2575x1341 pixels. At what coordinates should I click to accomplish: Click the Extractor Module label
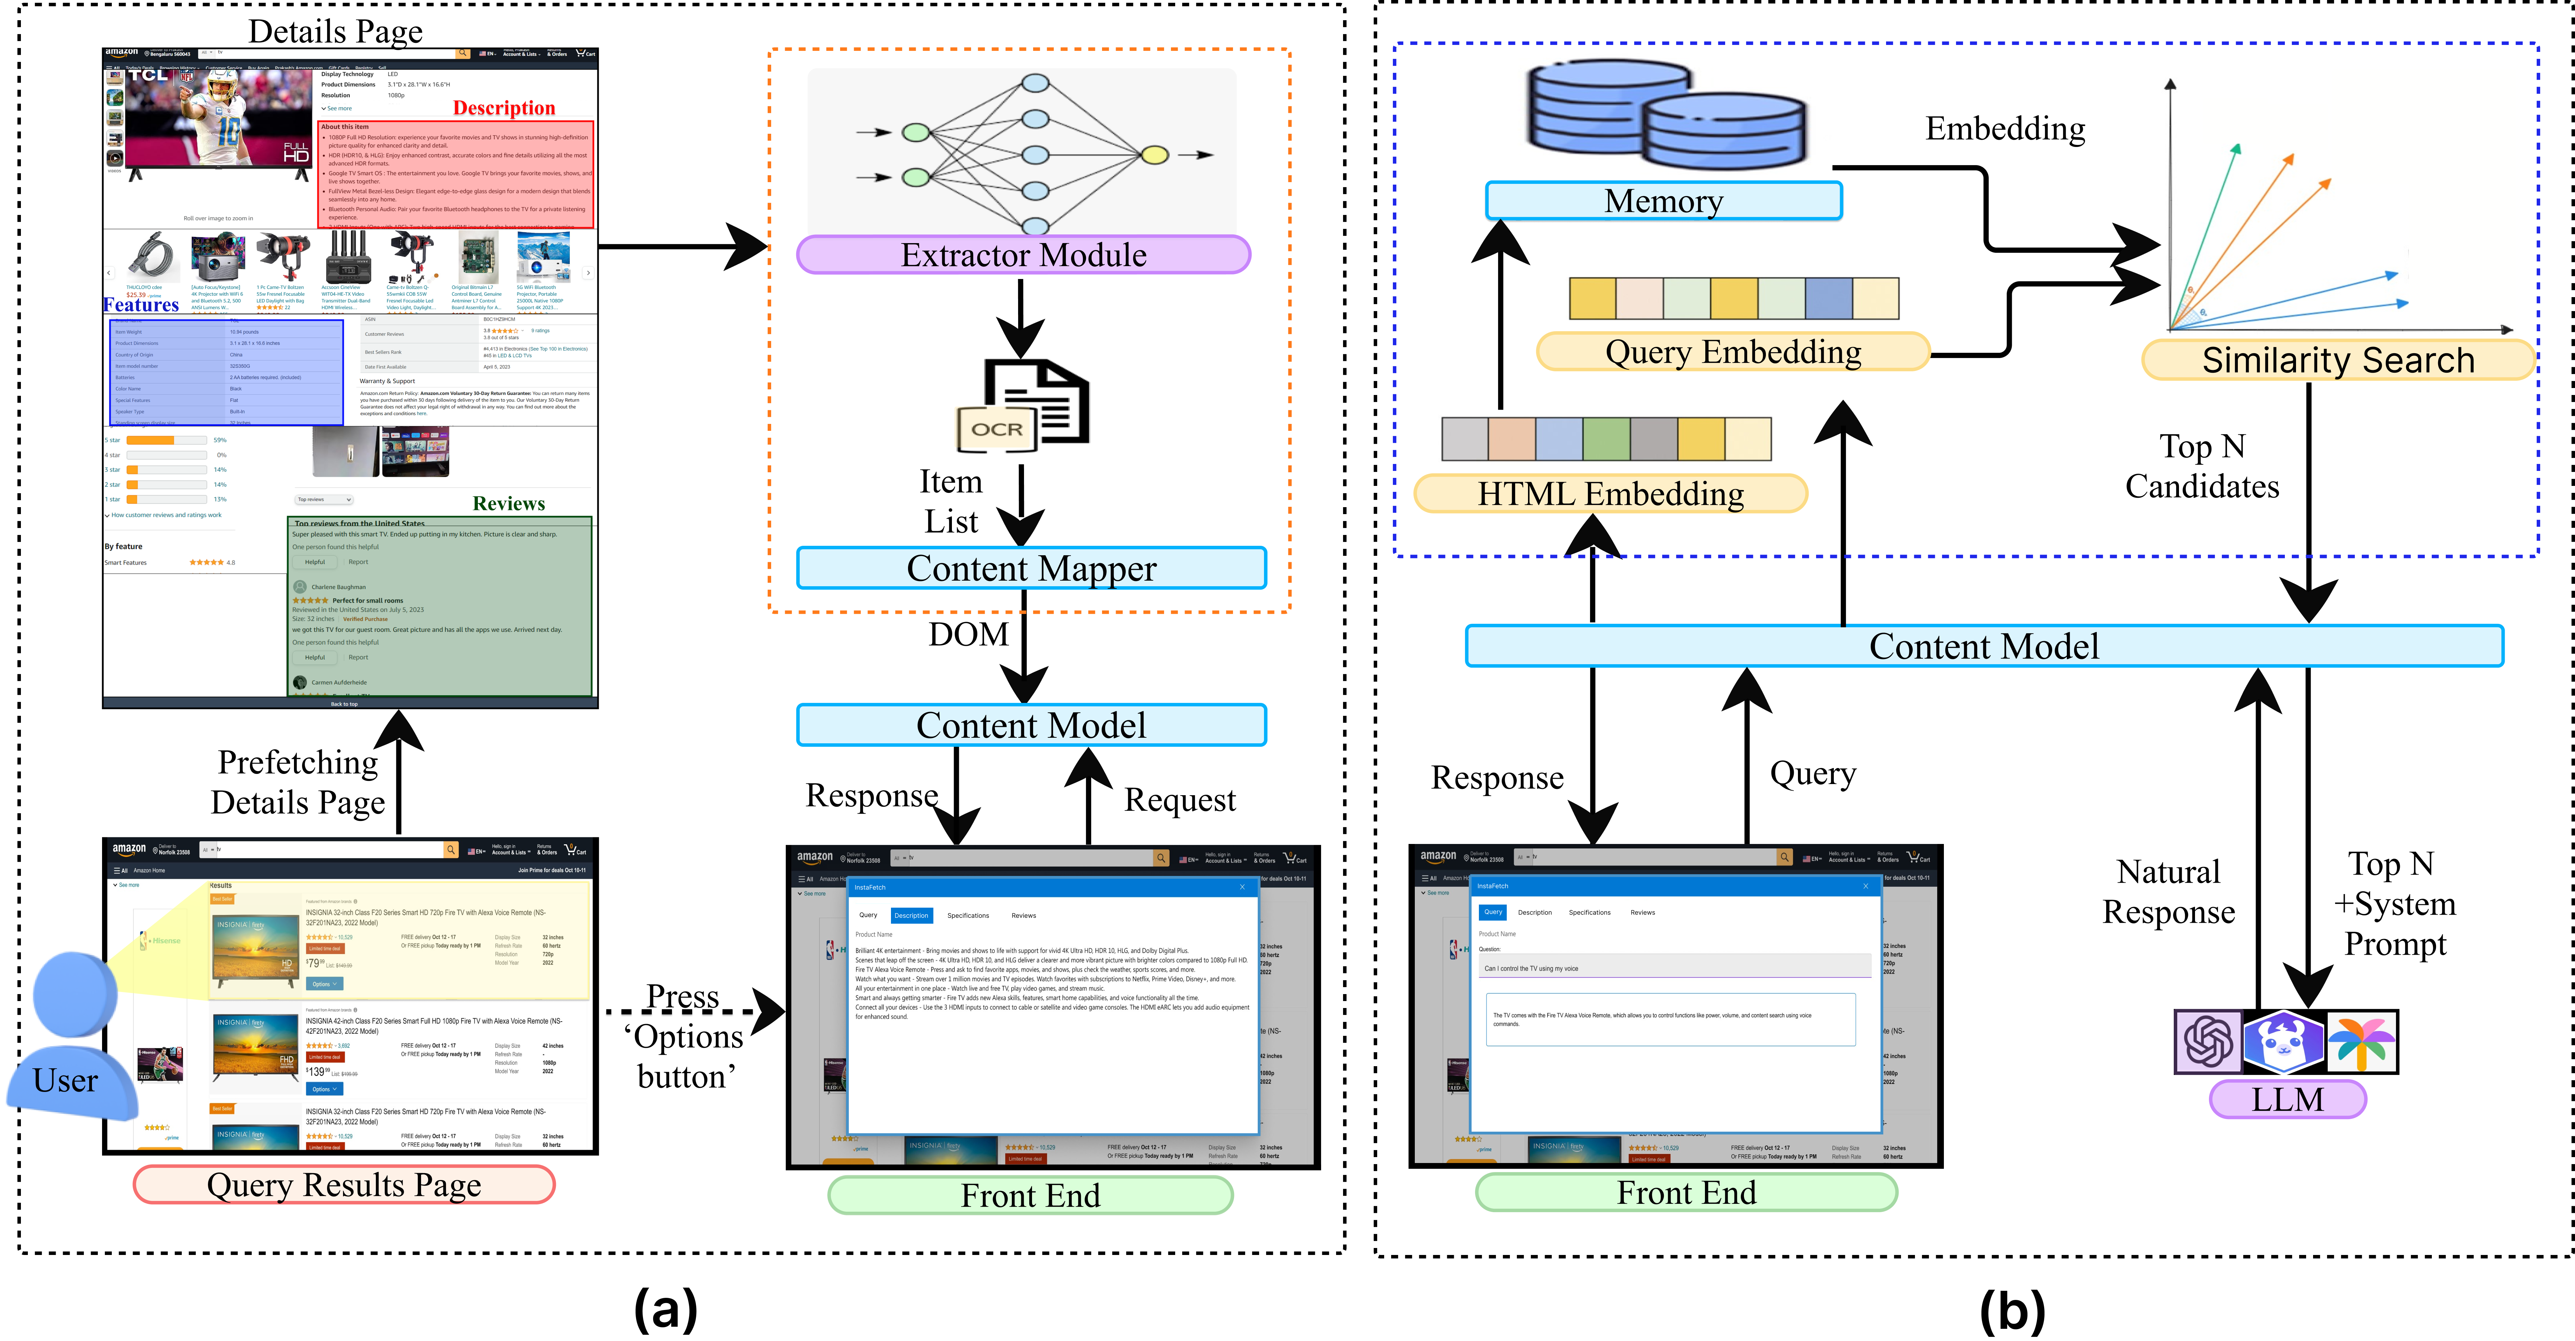[1023, 255]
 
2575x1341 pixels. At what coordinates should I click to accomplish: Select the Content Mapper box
[1031, 568]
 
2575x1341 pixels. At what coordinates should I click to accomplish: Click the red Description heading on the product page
[504, 108]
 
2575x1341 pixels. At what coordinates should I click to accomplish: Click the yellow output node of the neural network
[1155, 155]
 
